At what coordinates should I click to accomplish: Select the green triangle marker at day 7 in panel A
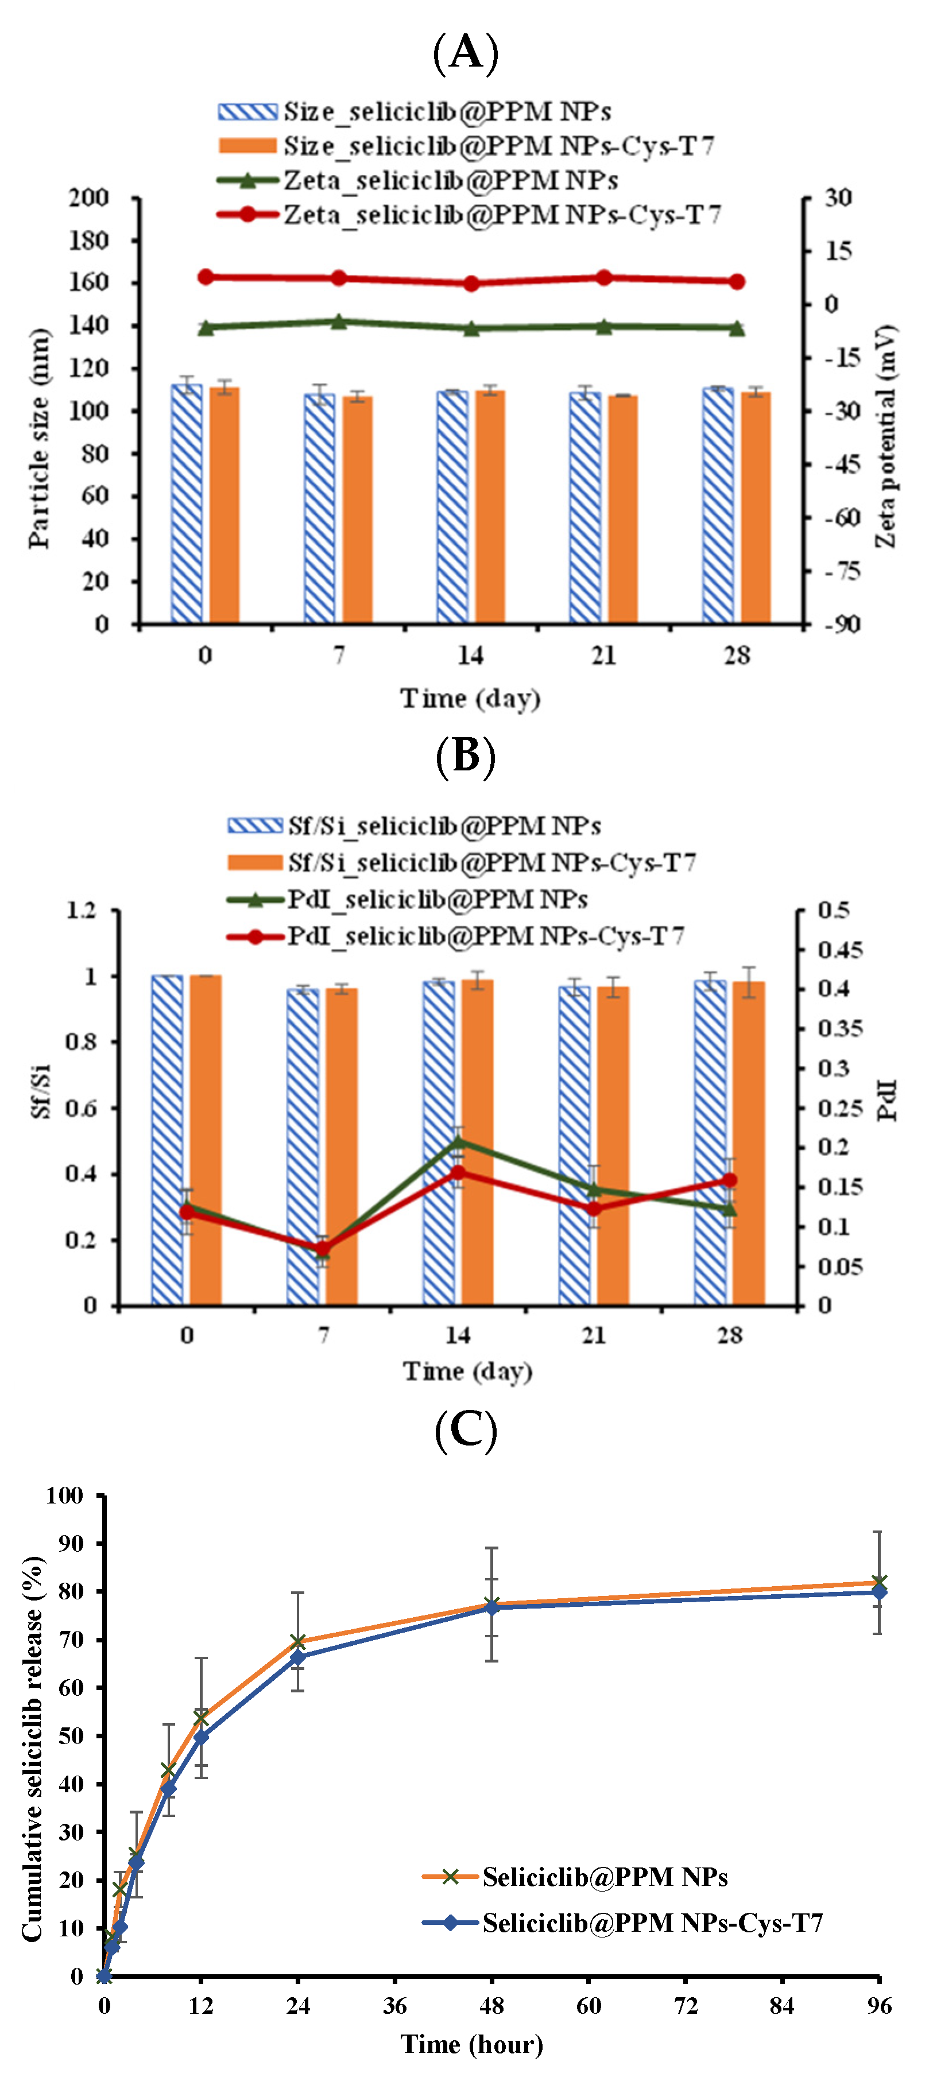(x=339, y=321)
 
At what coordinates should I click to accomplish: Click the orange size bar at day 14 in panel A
(x=490, y=508)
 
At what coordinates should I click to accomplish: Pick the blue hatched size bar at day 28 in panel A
(x=717, y=508)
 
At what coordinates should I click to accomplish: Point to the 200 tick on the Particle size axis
(x=88, y=197)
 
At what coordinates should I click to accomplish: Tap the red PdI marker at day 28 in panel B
(x=729, y=1180)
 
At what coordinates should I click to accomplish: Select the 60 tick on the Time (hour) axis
(x=589, y=2006)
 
